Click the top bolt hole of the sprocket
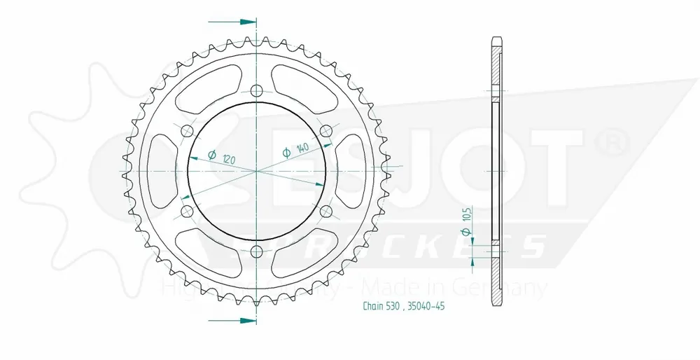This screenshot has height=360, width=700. point(256,90)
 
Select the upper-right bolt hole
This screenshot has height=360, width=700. point(325,131)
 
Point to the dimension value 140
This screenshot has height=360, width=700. point(302,148)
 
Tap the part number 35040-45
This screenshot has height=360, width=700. point(426,306)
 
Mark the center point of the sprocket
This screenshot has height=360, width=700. point(256,171)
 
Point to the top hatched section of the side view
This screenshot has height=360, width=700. point(496,70)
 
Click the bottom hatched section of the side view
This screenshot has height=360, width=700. point(496,280)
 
